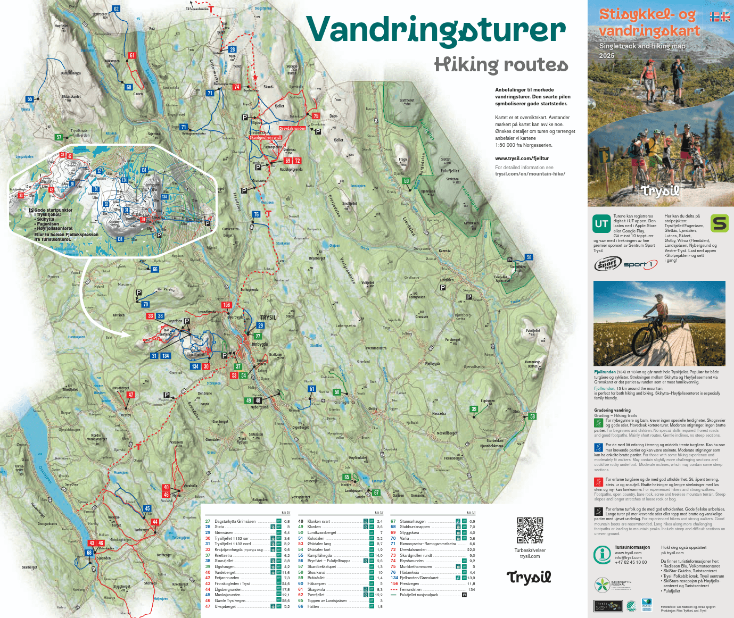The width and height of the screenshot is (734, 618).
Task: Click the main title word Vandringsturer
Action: tap(435, 30)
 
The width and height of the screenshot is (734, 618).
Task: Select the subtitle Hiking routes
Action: tap(501, 65)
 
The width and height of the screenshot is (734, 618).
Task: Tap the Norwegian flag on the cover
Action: tap(714, 17)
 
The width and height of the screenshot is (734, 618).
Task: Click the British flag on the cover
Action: tap(725, 17)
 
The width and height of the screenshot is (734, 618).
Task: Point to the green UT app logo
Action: tap(601, 224)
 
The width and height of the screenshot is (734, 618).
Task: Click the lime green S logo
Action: tap(719, 223)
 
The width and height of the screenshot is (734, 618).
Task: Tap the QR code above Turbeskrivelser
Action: tap(530, 530)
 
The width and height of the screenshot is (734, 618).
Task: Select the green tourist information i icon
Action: tap(602, 554)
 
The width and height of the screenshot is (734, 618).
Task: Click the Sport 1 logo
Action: tap(640, 264)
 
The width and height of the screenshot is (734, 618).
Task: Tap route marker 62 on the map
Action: tap(116, 9)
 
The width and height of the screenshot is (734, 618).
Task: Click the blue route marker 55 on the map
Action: tap(30, 99)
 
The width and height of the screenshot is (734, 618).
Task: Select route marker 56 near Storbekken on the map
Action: tap(529, 257)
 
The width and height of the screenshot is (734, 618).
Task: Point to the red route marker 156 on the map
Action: tap(227, 305)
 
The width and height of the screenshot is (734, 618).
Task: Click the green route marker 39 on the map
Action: tap(474, 409)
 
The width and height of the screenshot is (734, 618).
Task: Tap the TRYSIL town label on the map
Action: tap(268, 318)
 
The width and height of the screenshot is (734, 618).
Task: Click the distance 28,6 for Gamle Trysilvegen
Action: tap(286, 600)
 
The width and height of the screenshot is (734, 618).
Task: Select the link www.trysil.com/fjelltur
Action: tap(522, 158)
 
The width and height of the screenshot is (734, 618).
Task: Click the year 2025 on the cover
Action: tap(606, 56)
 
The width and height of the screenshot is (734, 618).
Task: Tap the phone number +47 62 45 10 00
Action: tap(631, 562)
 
